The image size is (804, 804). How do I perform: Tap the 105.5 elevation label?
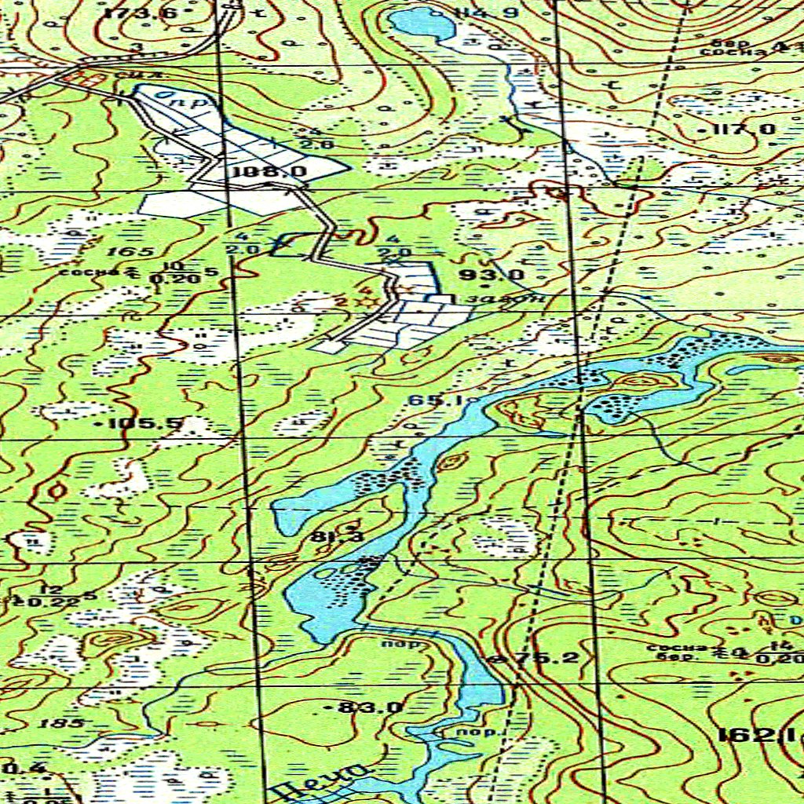click(144, 424)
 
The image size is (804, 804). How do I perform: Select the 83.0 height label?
click(370, 707)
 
